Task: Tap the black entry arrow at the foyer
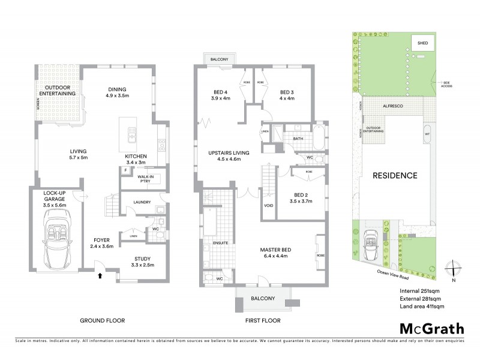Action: click(100, 277)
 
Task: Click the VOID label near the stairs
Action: click(268, 205)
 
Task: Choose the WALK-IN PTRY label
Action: click(143, 178)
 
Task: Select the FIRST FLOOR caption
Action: click(263, 321)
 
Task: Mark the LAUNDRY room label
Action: click(142, 202)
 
